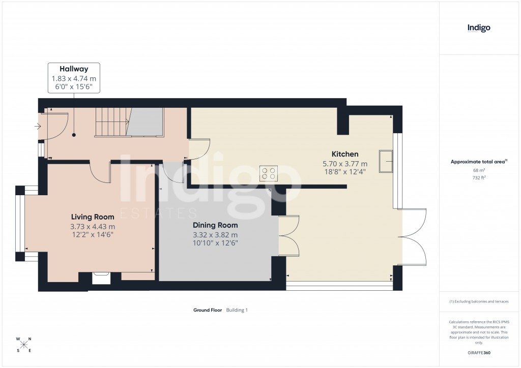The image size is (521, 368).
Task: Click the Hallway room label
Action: (74, 69)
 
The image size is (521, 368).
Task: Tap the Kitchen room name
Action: (345, 154)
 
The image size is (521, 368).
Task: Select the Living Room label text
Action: (93, 217)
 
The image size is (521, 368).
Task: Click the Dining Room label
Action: (215, 225)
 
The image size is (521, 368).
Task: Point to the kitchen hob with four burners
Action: (269, 173)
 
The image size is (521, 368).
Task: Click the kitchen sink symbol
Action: (386, 162)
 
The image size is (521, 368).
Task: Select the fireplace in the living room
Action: (100, 277)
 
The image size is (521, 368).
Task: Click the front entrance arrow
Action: (37, 127)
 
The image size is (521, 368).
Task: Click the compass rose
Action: (24, 345)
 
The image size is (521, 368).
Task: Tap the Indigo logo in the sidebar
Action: (479, 28)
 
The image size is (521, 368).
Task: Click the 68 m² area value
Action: (479, 170)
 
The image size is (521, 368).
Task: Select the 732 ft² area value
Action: (479, 177)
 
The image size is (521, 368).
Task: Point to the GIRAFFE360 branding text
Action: (479, 353)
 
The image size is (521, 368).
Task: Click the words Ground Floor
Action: (208, 310)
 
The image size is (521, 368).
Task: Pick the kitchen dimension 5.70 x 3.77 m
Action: (345, 164)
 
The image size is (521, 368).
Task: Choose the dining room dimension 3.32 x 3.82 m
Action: (215, 235)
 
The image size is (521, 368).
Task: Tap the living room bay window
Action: (20, 224)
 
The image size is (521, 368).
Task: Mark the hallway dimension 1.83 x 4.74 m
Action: (74, 78)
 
